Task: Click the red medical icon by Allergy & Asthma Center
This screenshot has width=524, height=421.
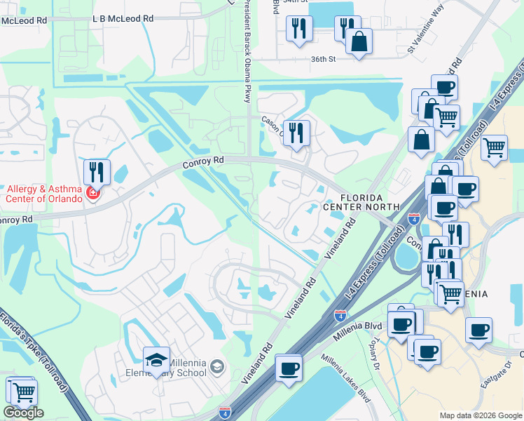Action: pyautogui.click(x=92, y=193)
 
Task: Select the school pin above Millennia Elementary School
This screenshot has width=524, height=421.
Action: pyautogui.click(x=156, y=361)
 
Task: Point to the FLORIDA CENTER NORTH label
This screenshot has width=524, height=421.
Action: pyautogui.click(x=361, y=202)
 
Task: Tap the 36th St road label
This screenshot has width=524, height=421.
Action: pyautogui.click(x=324, y=60)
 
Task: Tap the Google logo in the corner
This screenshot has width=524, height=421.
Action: pyautogui.click(x=23, y=413)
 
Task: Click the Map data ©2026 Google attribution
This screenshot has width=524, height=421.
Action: pyautogui.click(x=480, y=415)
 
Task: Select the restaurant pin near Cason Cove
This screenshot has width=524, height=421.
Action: pyautogui.click(x=296, y=133)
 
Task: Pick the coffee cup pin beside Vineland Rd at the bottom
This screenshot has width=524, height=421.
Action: pyautogui.click(x=288, y=368)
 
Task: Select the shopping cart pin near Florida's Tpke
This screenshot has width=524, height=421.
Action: pyautogui.click(x=24, y=391)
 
